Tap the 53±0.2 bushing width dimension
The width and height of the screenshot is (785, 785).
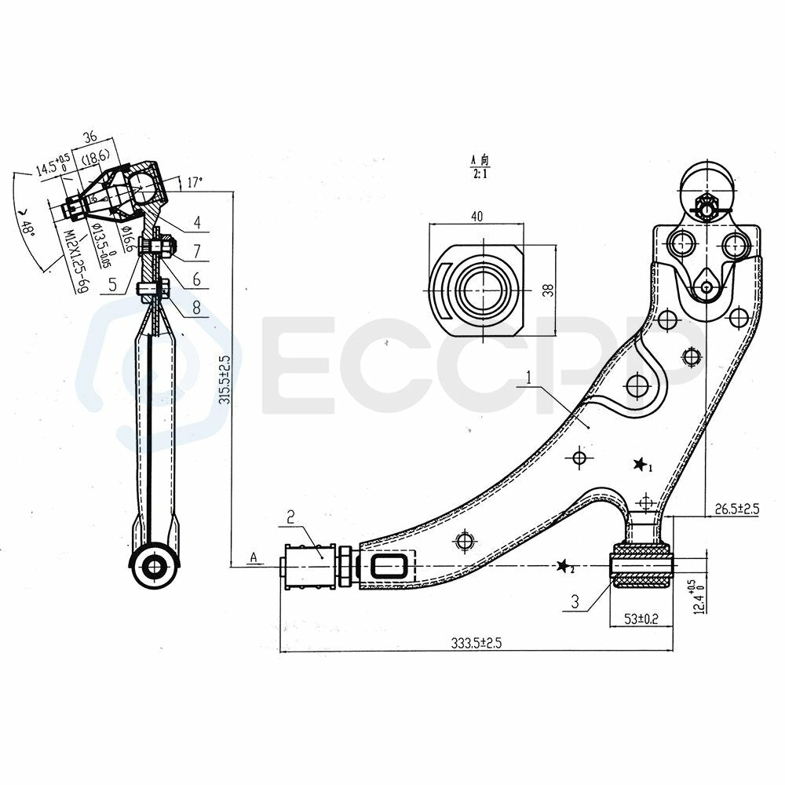[x=642, y=619]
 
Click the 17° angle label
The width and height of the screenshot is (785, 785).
[x=195, y=182]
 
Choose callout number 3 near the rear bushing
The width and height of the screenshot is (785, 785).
[x=575, y=603]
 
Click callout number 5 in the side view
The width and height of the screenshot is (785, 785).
[x=114, y=284]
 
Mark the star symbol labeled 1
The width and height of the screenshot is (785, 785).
[x=640, y=465]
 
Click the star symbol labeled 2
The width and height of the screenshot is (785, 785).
[x=562, y=567]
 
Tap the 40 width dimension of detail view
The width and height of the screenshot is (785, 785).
[x=476, y=217]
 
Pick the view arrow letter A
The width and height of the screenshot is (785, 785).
[x=254, y=557]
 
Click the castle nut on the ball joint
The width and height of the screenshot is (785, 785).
[x=705, y=206]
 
